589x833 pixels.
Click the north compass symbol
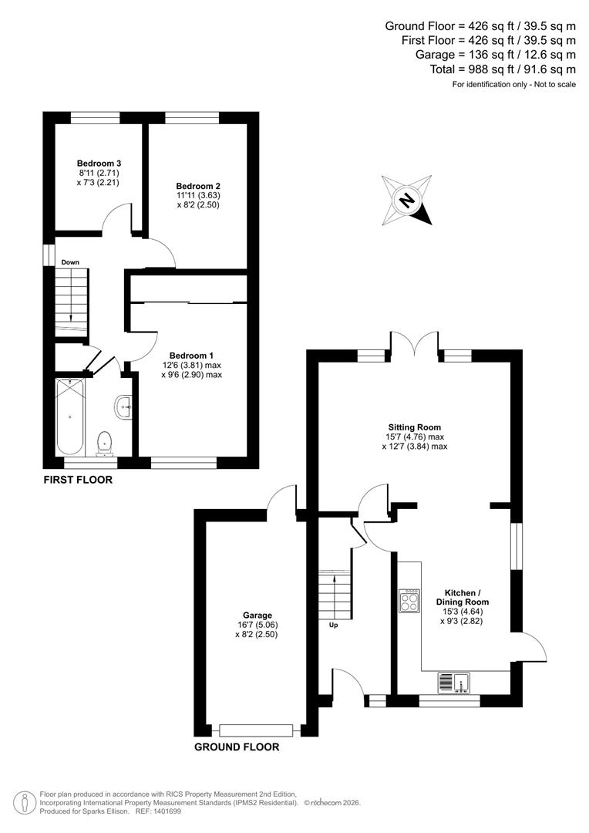pyautogui.click(x=406, y=201)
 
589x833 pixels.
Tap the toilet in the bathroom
pyautogui.click(x=104, y=442)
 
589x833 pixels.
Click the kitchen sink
pyautogui.click(x=454, y=682)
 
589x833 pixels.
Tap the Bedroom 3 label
pyautogui.click(x=99, y=164)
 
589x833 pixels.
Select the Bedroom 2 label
pyautogui.click(x=198, y=186)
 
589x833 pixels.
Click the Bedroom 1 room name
pyautogui.click(x=192, y=356)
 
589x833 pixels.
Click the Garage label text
pyautogui.click(x=256, y=615)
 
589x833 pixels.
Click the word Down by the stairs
pyautogui.click(x=70, y=262)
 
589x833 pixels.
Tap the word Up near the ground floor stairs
pyautogui.click(x=334, y=626)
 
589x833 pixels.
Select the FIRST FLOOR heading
pyautogui.click(x=78, y=480)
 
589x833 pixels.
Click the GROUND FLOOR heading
pyautogui.click(x=237, y=747)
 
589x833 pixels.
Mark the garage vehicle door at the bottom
pyautogui.click(x=256, y=730)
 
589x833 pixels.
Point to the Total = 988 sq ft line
pyautogui.click(x=503, y=69)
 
